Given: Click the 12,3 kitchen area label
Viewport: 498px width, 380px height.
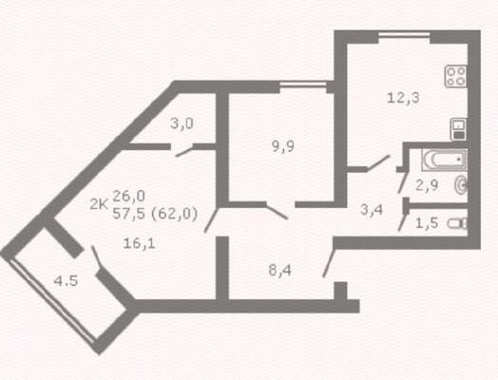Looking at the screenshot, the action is click(x=403, y=98).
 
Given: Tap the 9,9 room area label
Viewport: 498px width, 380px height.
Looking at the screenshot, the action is click(x=283, y=146).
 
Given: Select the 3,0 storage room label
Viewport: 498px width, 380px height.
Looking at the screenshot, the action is click(x=182, y=123).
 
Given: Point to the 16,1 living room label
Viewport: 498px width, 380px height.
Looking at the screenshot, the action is click(x=139, y=243).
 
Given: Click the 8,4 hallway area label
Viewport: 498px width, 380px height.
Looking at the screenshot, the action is click(x=280, y=271).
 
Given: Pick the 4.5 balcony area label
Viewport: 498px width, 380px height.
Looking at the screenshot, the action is click(x=67, y=280).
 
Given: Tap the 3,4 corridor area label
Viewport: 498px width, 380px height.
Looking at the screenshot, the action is click(x=372, y=210).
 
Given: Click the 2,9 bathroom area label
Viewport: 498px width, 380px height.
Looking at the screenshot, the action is click(x=427, y=185).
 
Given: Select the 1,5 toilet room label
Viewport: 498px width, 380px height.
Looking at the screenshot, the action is click(x=427, y=223).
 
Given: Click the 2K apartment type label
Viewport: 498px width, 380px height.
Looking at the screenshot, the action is click(x=99, y=204).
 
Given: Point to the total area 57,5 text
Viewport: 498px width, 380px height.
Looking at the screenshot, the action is click(x=129, y=214).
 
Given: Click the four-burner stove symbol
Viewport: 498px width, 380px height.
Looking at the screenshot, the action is click(x=456, y=76).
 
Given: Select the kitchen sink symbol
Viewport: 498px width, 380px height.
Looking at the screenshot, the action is click(x=459, y=129).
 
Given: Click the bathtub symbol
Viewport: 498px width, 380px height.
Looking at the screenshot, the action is click(x=445, y=160).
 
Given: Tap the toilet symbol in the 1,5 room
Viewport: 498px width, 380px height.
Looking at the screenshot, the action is click(x=458, y=223).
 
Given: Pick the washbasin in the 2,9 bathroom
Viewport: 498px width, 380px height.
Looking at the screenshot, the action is click(x=461, y=184).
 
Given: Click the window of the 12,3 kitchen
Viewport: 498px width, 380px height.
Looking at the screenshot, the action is click(x=404, y=35).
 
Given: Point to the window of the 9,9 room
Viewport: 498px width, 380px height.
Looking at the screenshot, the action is click(x=303, y=85).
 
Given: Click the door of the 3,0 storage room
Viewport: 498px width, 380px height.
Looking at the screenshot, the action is click(x=184, y=151).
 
